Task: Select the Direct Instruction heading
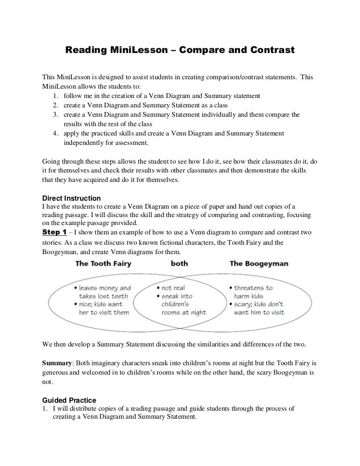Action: (x=71, y=198)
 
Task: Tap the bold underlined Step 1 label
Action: (x=54, y=233)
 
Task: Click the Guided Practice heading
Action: (x=69, y=400)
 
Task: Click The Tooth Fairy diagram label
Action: (x=103, y=263)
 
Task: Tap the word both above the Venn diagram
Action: (x=180, y=263)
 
